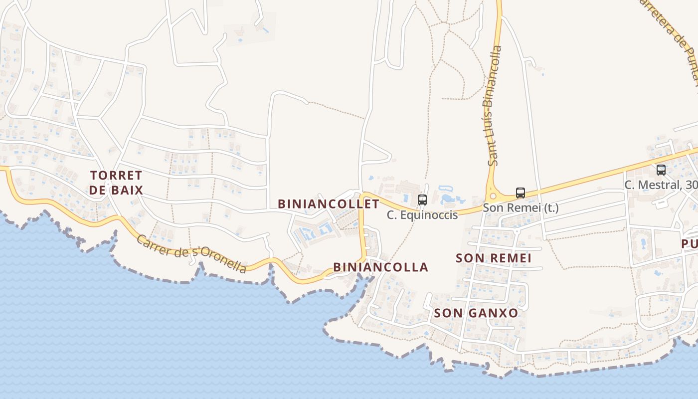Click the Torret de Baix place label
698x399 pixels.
117,183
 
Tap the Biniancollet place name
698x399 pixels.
329,204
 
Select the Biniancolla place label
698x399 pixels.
381,267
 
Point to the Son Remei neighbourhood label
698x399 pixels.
494,258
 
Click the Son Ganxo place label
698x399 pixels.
476,313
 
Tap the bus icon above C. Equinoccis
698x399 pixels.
422,200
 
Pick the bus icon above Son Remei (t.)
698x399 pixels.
521,193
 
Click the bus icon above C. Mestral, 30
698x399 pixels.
661,170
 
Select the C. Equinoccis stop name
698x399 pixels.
422,215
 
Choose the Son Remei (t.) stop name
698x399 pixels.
521,208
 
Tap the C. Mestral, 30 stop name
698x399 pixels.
661,185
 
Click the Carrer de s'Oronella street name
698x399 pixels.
191,253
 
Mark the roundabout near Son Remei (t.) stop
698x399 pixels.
493,195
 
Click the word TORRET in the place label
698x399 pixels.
117,176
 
